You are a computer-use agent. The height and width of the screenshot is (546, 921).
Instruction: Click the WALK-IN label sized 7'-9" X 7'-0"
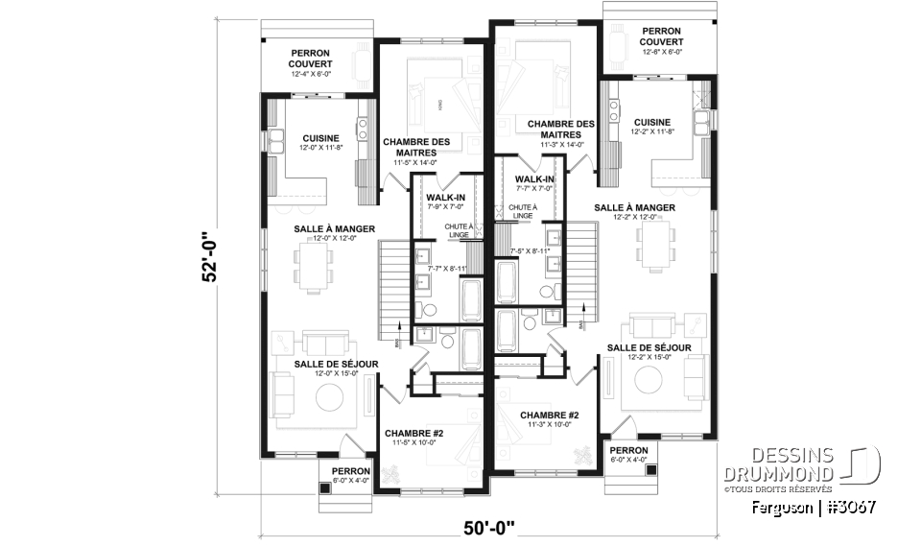[445, 201]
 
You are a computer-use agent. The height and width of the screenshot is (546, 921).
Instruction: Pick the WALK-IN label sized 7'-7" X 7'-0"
[533, 184]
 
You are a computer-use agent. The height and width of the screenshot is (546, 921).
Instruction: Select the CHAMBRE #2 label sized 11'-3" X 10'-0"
[547, 420]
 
